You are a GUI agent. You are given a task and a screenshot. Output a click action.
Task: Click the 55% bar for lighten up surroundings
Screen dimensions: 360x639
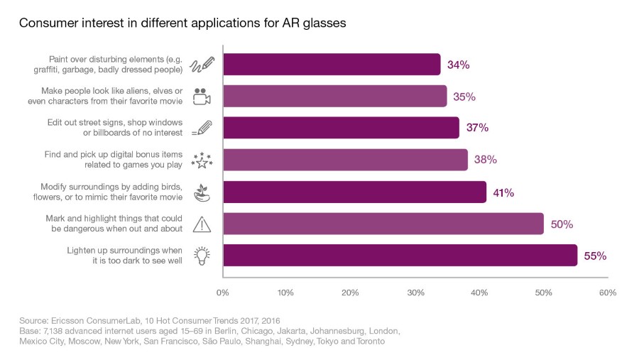click(400, 256)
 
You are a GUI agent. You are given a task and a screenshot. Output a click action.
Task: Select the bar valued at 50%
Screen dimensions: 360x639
click(383, 224)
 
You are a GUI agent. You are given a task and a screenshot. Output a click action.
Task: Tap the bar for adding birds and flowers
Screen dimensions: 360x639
click(354, 192)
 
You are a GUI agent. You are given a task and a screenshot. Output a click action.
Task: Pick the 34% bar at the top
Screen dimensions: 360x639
click(332, 65)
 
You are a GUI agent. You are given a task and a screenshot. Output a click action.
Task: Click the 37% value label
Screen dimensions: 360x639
click(478, 129)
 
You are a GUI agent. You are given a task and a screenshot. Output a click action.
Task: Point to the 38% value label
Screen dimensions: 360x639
click(486, 160)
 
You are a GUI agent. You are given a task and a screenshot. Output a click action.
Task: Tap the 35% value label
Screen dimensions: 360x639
click(464, 97)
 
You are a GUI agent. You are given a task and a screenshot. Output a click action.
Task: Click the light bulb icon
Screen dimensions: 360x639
click(202, 256)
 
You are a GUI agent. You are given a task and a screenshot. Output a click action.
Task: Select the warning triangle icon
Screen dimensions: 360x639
click(202, 224)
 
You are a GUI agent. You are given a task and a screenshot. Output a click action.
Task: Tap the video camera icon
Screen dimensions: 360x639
click(202, 97)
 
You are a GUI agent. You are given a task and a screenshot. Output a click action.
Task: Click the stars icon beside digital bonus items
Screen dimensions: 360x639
click(202, 160)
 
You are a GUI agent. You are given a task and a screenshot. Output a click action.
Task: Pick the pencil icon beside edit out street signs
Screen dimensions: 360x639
click(202, 129)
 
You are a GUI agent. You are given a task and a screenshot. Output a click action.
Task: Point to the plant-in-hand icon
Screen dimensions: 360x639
click(202, 192)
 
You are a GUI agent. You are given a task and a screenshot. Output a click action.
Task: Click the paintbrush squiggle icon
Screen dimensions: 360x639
click(202, 65)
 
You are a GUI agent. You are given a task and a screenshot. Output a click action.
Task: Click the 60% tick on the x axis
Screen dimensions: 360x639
click(607, 293)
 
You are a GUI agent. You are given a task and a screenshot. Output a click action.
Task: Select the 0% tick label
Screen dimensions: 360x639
click(222, 293)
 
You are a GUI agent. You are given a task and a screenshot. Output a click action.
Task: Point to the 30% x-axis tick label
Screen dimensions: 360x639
click(415, 293)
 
